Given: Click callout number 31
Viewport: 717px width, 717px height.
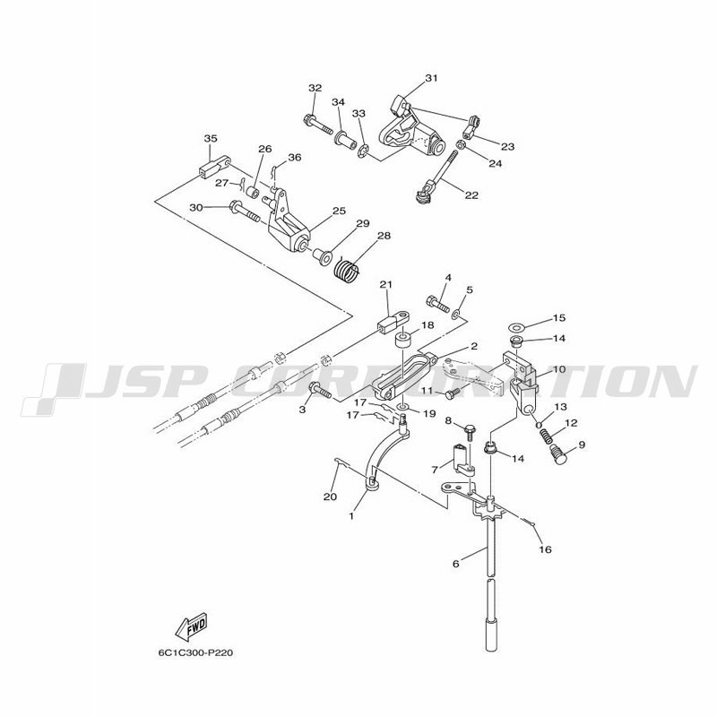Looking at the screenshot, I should click(431, 78).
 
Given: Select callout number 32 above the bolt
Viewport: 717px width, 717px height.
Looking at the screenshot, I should click(315, 88).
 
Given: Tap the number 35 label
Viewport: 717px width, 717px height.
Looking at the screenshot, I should click(211, 139).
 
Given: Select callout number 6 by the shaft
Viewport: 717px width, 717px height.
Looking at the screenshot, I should click(455, 563).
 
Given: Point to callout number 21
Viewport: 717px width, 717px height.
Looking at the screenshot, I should click(386, 285).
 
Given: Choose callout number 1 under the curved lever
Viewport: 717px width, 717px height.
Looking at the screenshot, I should click(352, 516).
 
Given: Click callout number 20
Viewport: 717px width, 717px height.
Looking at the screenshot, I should click(329, 497).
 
